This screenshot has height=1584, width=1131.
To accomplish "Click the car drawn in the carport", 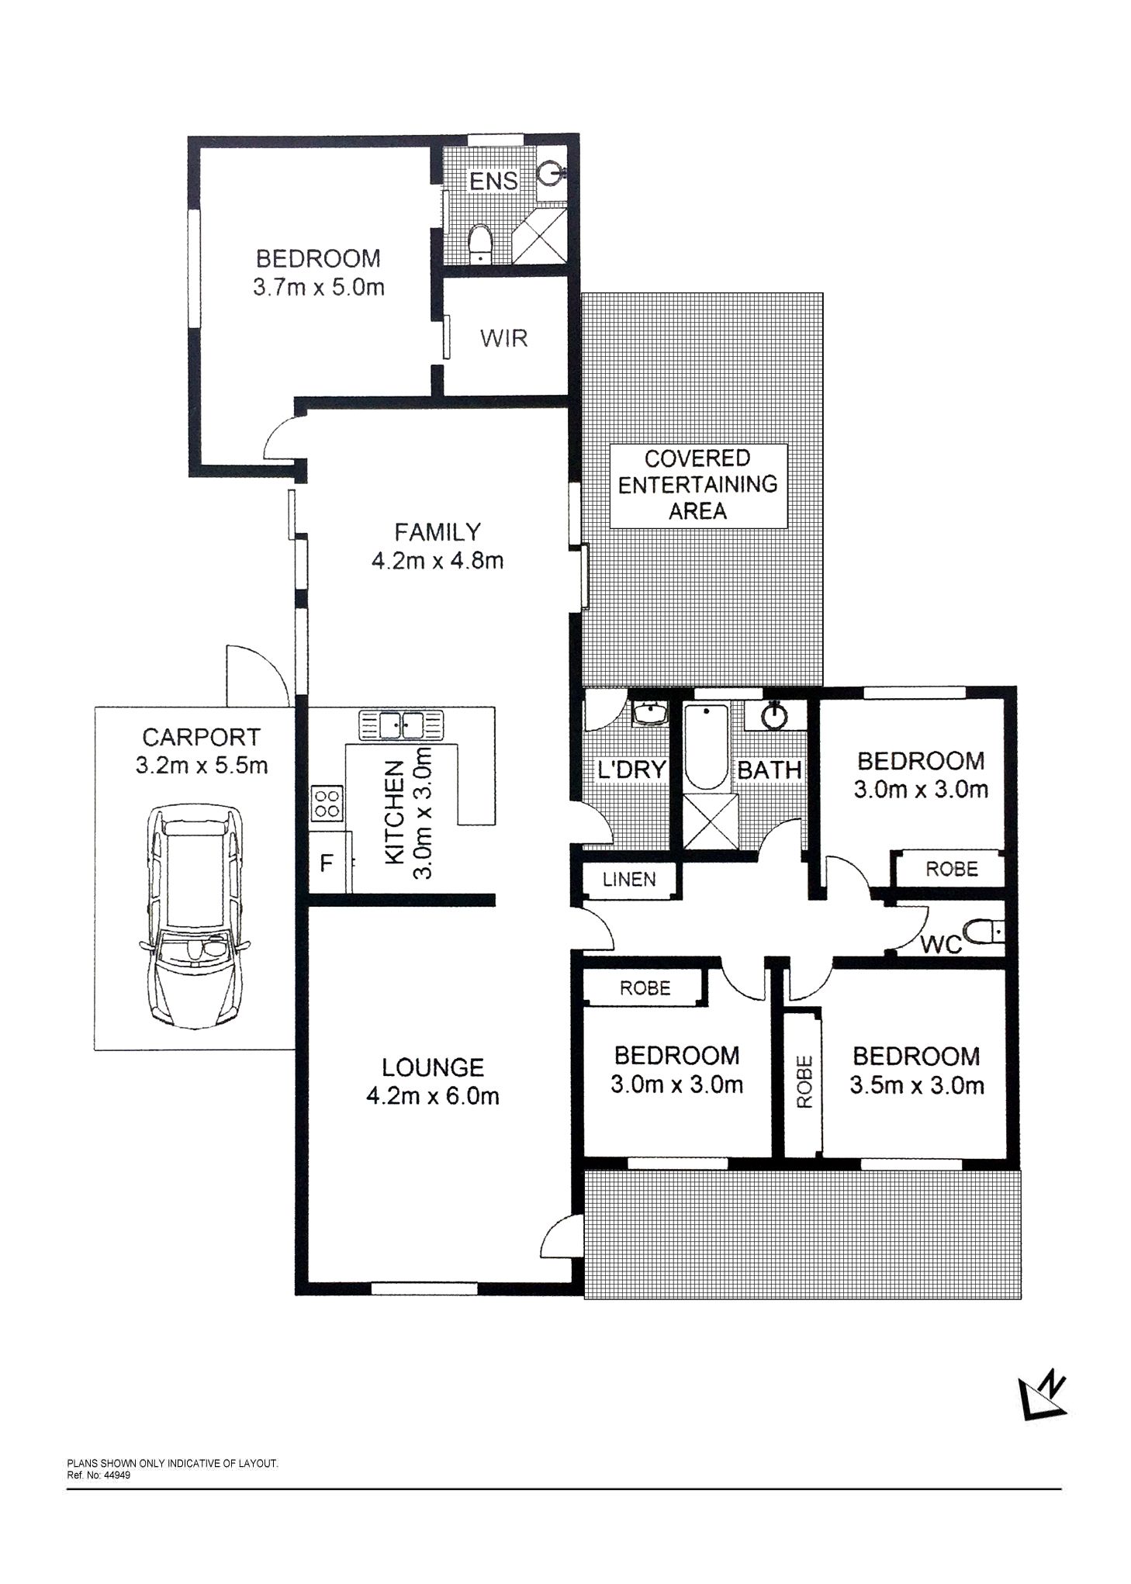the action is (x=194, y=916).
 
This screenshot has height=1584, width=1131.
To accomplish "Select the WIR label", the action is (x=503, y=338).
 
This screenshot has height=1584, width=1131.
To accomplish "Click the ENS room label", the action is (x=493, y=181).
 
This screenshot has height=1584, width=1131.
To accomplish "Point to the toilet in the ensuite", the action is (x=481, y=243).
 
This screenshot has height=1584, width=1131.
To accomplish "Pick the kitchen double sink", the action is (x=401, y=725).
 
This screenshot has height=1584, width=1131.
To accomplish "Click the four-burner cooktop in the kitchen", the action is (x=327, y=803).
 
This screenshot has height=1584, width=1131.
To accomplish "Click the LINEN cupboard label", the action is (x=629, y=879).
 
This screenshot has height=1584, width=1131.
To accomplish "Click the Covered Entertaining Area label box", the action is (x=698, y=486).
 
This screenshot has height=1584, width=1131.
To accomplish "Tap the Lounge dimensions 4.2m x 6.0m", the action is (x=433, y=1096).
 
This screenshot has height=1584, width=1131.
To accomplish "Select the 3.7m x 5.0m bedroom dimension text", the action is (x=318, y=288).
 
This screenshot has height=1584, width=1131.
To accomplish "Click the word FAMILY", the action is (x=438, y=532).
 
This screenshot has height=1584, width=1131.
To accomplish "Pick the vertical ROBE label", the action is (x=804, y=1082).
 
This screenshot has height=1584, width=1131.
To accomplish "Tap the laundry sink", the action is (x=649, y=712).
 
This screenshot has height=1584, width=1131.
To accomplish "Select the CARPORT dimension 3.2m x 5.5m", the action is (x=202, y=766).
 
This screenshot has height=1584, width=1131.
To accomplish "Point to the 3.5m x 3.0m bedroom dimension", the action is (x=916, y=1085).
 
